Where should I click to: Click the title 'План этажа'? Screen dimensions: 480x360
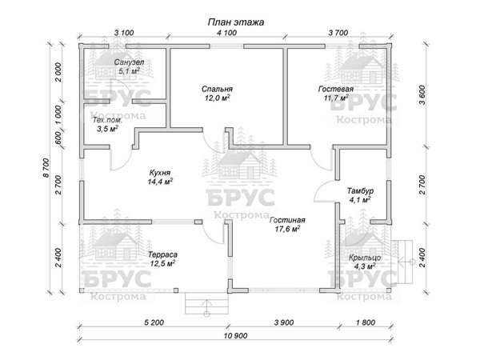coord(236,22)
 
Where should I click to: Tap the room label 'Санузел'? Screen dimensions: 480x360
coord(129,62)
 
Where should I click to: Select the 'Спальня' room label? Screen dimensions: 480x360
coord(217,89)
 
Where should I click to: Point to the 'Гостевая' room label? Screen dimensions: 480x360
coord(336,89)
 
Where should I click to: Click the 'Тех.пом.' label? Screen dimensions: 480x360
coord(107,120)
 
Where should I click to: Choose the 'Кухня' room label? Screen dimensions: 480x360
coord(160,173)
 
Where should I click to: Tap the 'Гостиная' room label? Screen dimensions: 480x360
coord(287,221)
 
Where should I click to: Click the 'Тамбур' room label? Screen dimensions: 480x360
coord(360,191)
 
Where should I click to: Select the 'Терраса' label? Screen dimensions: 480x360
coord(162,254)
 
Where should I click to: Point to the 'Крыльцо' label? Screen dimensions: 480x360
coord(365,258)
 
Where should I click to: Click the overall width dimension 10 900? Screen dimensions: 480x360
coord(235,336)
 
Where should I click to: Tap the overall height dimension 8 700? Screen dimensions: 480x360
coord(46,168)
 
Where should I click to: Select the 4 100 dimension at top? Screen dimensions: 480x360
coord(227,33)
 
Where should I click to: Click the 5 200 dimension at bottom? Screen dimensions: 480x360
coord(154,322)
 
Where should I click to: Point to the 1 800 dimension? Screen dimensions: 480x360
coord(366,322)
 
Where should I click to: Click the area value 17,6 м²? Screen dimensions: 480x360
coord(287,229)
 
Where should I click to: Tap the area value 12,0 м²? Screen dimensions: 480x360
coord(217,98)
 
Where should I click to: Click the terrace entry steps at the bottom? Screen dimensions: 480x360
coord(206,303)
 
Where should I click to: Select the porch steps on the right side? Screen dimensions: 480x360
coord(402,262)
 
